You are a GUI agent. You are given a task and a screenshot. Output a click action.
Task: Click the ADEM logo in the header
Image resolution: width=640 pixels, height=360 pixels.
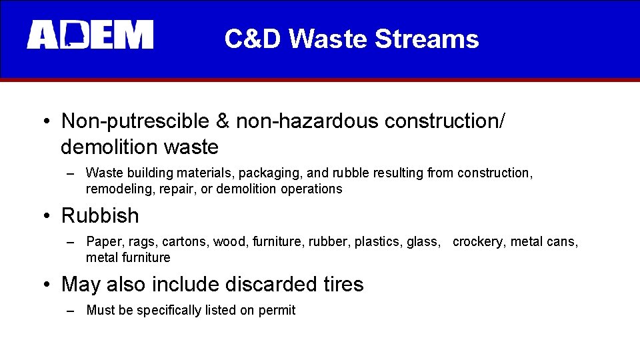90,35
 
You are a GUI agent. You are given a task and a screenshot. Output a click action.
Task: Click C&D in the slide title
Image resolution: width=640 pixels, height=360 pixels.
253,39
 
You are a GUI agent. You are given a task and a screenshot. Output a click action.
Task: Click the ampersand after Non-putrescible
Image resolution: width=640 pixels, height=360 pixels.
223,121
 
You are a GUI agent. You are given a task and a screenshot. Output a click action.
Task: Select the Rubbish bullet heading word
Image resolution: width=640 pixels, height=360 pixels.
100,216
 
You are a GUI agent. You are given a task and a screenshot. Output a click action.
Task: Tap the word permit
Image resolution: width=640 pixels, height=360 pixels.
278,311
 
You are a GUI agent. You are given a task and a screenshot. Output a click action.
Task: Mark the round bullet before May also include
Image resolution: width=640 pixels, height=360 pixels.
45,285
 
